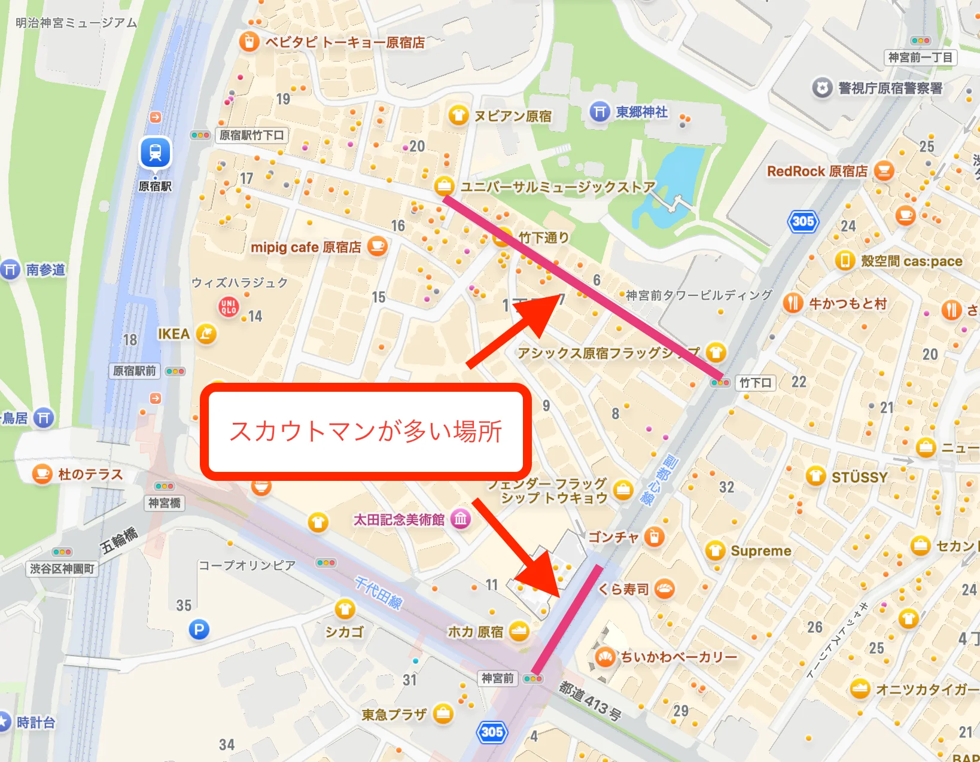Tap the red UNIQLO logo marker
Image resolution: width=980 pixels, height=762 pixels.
(x=229, y=307)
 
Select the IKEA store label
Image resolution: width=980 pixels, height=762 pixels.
(x=174, y=334)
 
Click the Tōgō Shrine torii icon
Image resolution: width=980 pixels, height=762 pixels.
(x=599, y=112)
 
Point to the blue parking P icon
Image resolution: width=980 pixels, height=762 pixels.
(x=199, y=629)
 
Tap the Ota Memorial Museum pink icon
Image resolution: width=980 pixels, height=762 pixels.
(x=460, y=519)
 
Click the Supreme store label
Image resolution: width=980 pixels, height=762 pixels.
(x=760, y=551)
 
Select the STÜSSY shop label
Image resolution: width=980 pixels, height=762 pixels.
(x=859, y=477)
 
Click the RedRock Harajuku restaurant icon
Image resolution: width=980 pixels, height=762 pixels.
(x=884, y=171)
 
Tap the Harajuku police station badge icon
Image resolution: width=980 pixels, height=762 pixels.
(x=823, y=89)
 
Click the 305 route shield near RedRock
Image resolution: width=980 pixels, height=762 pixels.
(x=802, y=222)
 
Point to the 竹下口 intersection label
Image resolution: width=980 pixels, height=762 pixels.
(x=755, y=383)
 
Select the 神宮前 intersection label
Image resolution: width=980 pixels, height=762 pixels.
(x=498, y=678)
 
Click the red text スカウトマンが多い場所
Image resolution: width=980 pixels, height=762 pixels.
(x=366, y=431)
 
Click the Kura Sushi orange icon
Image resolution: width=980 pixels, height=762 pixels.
(x=664, y=589)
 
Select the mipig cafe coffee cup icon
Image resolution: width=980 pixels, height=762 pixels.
(x=377, y=246)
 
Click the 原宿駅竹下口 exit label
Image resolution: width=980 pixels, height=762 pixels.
(x=251, y=135)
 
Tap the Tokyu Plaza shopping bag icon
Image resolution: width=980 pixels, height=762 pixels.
(x=443, y=714)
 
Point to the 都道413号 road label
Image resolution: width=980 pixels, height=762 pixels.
(x=590, y=700)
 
